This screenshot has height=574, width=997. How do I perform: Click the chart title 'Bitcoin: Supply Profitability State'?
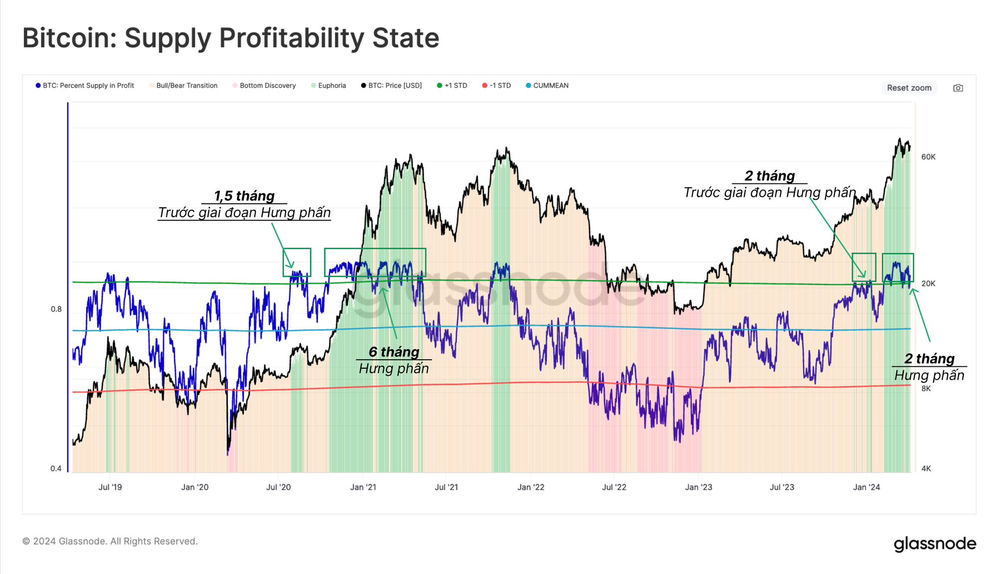pos(231,38)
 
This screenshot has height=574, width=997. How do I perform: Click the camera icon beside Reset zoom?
pos(958,88)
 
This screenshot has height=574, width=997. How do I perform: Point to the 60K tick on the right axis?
pos(928,157)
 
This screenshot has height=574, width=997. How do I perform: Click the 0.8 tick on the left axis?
pos(56,309)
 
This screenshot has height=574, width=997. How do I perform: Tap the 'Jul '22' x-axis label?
pos(614,487)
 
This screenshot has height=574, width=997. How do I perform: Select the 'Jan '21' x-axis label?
pos(363,487)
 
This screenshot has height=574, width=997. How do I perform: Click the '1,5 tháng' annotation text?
pos(244,196)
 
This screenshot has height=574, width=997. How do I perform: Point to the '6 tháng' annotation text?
pos(394,352)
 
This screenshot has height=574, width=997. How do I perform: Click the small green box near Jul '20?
pos(297,262)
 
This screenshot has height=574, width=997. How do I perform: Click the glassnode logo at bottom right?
pos(935,544)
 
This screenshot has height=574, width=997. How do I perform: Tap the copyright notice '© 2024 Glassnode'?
pos(110,541)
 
